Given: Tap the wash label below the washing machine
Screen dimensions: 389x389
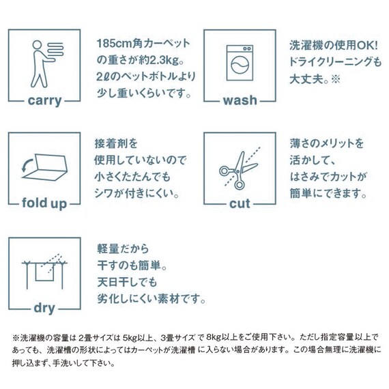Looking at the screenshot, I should (x=240, y=100).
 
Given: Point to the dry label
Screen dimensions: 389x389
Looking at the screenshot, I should (x=44, y=308).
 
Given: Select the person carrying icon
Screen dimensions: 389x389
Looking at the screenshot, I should (x=42, y=61).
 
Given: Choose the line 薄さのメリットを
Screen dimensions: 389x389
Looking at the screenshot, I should (x=326, y=145).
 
